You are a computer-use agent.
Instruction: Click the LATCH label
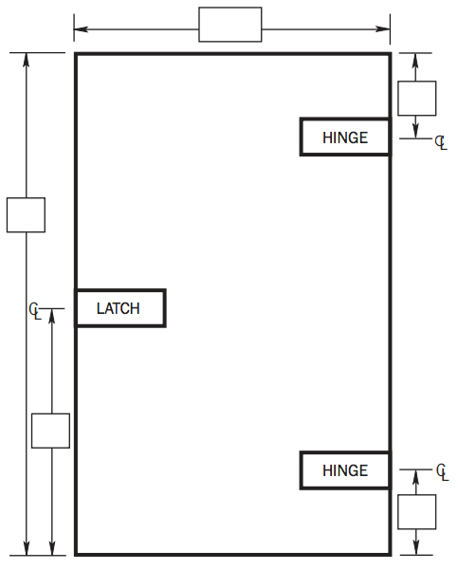point(119,308)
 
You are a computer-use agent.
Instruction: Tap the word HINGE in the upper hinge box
point(345,138)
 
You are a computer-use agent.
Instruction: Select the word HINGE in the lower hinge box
point(345,470)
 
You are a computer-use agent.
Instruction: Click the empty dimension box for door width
point(230,25)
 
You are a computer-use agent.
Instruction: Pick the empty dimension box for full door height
point(26,215)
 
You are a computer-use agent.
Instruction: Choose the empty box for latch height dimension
point(50,431)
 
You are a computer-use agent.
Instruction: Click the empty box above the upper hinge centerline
point(417,99)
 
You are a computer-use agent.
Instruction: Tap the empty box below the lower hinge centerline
point(417,512)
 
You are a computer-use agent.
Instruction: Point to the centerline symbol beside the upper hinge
point(441,142)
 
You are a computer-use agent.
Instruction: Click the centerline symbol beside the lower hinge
point(443,472)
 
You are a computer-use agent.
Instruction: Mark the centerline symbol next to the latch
point(35,311)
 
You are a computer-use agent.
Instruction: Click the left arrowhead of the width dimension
point(81,29)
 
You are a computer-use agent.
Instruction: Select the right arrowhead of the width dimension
point(383,29)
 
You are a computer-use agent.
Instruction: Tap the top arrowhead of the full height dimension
point(27,60)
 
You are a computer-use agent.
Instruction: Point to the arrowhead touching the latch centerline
point(52,316)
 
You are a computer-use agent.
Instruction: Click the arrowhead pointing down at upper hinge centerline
point(416,131)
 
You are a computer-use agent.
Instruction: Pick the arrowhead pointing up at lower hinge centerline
point(416,476)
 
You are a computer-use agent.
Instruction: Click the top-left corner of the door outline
point(76,54)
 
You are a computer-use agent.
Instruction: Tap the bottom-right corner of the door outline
point(391,555)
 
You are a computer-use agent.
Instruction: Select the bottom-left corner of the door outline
point(76,555)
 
